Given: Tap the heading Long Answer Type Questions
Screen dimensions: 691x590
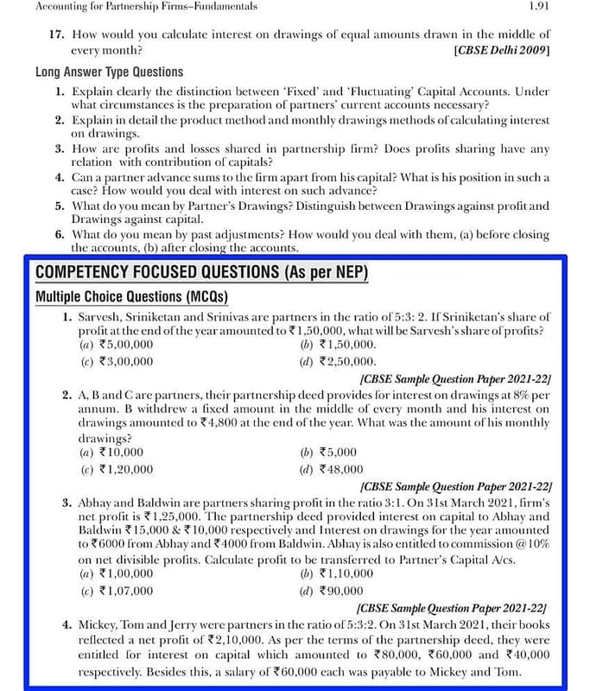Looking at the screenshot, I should pos(109,73).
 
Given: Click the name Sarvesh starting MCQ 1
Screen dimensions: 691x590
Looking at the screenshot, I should pos(97,318).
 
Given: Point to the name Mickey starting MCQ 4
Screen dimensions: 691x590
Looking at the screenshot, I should pos(96,624).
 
